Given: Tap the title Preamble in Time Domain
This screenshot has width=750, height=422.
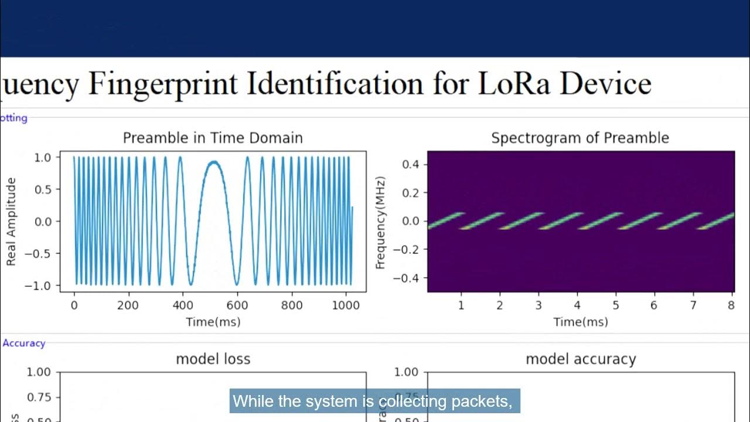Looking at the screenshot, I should (213, 138).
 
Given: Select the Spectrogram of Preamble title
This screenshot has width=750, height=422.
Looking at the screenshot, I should (580, 138).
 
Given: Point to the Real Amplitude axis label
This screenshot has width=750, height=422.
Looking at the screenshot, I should (11, 222).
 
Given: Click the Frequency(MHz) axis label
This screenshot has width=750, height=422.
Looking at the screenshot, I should (380, 222).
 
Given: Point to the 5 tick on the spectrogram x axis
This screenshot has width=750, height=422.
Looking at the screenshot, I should (616, 305).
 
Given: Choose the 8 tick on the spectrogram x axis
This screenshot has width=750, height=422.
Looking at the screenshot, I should (731, 305).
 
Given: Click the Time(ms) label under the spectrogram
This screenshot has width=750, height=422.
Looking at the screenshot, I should (581, 322).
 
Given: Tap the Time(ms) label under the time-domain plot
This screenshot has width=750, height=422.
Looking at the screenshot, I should (213, 322).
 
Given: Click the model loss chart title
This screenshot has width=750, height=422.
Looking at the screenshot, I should (213, 359).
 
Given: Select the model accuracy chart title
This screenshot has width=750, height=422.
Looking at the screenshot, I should (580, 359).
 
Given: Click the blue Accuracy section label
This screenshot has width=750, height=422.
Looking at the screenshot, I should (23, 343).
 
